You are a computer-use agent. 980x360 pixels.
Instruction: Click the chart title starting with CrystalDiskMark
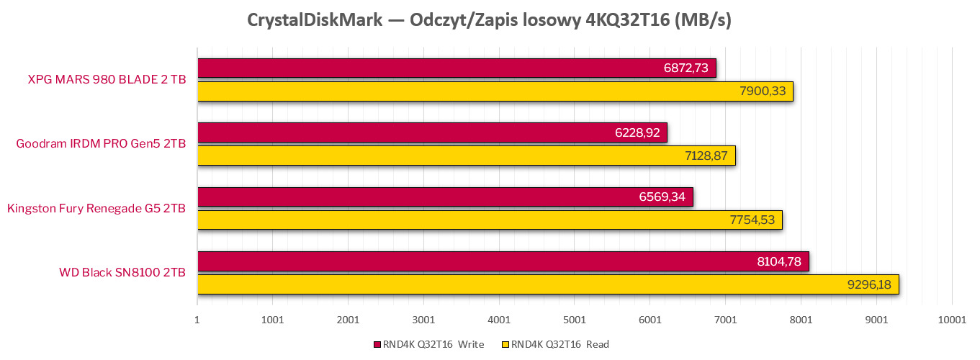click(x=489, y=20)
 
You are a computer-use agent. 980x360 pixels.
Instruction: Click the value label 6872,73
click(x=685, y=68)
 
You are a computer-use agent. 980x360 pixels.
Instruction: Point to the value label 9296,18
click(x=870, y=284)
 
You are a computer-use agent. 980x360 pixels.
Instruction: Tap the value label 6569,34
click(x=662, y=197)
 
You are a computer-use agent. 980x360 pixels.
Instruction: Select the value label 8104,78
click(x=779, y=261)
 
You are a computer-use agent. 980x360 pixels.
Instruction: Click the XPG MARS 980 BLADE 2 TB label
click(x=107, y=80)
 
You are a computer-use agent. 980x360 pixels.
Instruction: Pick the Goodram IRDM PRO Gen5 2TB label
click(x=101, y=144)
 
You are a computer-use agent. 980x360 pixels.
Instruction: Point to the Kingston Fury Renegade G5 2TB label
click(x=96, y=209)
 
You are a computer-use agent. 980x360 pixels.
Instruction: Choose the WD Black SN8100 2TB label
click(x=122, y=273)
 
